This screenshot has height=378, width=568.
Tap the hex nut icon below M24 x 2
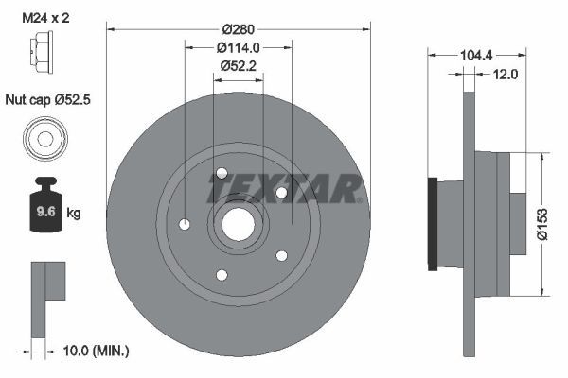coord(44,49)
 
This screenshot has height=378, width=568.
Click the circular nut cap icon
coord(44,139)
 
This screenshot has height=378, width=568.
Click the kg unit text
coord(74,214)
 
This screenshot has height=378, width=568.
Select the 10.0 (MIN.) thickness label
coord(96,351)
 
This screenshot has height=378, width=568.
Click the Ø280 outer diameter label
coord(238,29)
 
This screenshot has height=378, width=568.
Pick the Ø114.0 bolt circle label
coord(238,47)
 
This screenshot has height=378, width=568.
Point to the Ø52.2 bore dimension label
coord(238,65)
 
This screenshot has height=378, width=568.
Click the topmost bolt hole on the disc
coord(222,173)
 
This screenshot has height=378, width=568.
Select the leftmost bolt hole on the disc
coord(185,224)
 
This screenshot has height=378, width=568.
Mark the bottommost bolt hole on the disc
coord(222,275)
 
